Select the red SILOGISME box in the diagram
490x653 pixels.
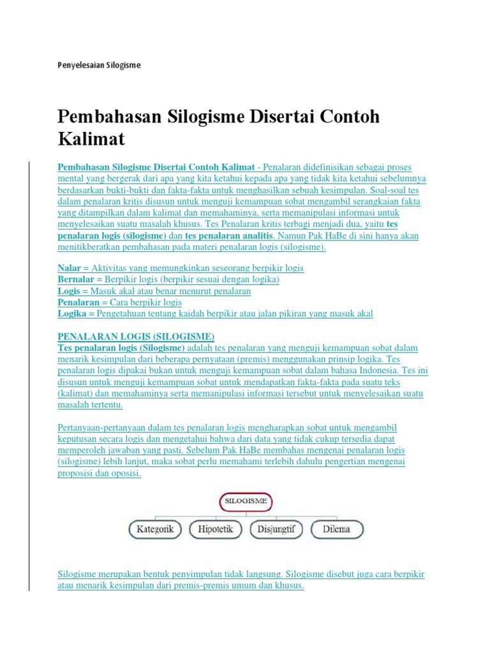246,502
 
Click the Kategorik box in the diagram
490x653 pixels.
155,529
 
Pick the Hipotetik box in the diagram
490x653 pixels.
216,529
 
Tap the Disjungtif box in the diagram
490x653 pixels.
276,529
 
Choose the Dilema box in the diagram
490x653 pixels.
337,529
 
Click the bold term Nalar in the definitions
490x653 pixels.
69,268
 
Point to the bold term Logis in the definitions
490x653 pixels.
68,291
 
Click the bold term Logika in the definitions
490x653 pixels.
71,313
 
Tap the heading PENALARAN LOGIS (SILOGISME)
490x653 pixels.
136,336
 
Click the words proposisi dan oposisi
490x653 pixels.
99,473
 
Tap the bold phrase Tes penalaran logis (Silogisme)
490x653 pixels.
121,348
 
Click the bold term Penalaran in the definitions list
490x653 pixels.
78,302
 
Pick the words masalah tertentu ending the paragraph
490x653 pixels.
90,405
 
